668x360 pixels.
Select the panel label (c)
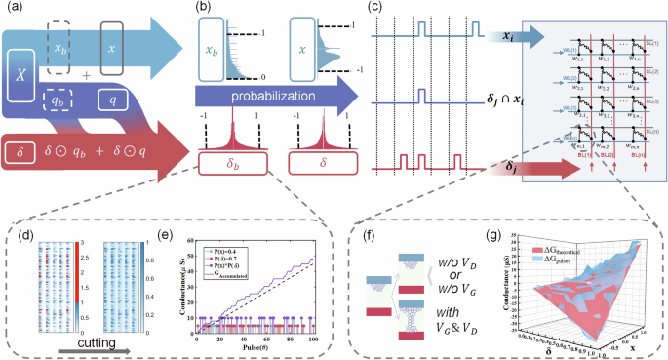pos(373,10)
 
